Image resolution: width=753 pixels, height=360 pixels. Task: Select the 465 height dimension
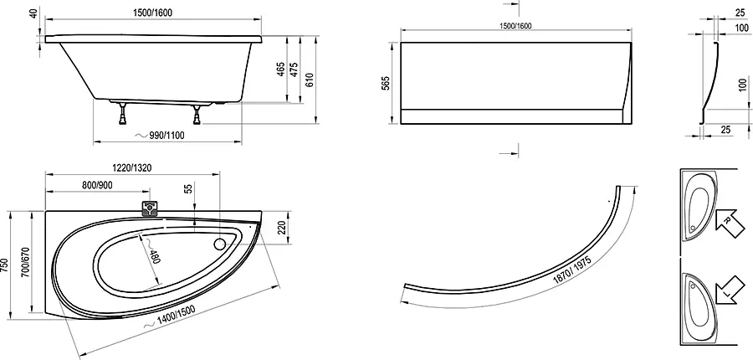point(281,69)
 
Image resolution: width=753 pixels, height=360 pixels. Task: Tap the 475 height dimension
point(295,69)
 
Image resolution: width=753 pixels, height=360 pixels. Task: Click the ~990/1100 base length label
point(160,136)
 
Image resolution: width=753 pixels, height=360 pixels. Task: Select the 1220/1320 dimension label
point(132,167)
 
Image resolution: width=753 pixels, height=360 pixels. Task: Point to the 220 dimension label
point(283,228)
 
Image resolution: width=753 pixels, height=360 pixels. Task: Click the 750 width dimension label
point(5,265)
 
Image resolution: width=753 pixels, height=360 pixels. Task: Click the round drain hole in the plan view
point(219,244)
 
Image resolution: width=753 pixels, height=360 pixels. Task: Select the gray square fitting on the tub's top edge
point(151,208)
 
